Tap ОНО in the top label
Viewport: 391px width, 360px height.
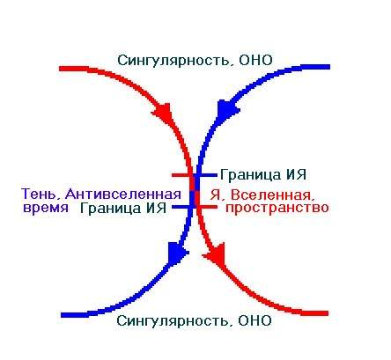pyautogui.click(x=255, y=60)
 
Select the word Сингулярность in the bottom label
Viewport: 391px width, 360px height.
pyautogui.click(x=173, y=320)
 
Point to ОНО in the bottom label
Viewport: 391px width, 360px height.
pyautogui.click(x=255, y=320)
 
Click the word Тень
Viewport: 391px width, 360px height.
pyautogui.click(x=41, y=194)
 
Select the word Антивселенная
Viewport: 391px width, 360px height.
pyautogui.click(x=123, y=194)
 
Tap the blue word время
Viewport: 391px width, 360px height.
pyautogui.click(x=46, y=208)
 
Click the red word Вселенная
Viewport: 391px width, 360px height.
pyautogui.click(x=270, y=195)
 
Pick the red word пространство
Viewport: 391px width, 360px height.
pyautogui.click(x=277, y=208)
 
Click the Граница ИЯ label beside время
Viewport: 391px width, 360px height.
pyautogui.click(x=123, y=208)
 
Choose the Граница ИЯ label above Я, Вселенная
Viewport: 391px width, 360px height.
pyautogui.click(x=263, y=174)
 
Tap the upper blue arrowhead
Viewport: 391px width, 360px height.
pyautogui.click(x=227, y=109)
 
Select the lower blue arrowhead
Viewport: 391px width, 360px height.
pyautogui.click(x=177, y=252)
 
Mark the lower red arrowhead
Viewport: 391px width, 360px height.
pyautogui.click(x=216, y=254)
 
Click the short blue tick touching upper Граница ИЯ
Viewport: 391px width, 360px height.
pyautogui.click(x=207, y=175)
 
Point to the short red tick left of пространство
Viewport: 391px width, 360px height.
pyautogui.click(x=207, y=207)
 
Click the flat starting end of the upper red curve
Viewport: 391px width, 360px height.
pyautogui.click(x=60, y=69)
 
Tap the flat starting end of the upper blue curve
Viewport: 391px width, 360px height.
pyautogui.click(x=329, y=67)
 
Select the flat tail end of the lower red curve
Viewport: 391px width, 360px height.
pyautogui.click(x=328, y=313)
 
